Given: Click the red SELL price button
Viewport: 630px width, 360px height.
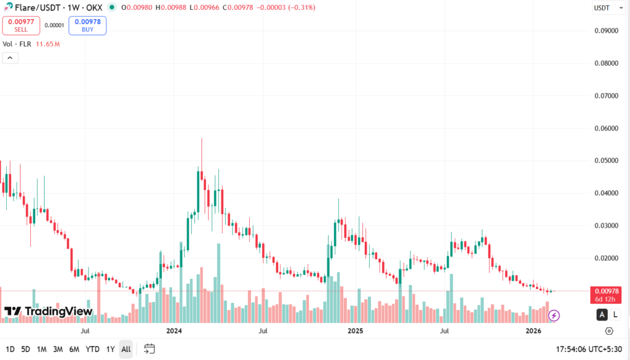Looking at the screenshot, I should coord(21,25).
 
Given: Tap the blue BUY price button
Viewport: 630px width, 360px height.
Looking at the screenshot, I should coord(87,25).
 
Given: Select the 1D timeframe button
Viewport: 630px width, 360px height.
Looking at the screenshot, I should coord(10,349).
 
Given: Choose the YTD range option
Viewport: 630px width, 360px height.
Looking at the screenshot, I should coord(92,349).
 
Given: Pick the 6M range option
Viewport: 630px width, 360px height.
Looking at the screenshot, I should coord(74,349).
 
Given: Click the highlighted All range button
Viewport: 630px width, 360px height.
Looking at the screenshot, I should coord(126,349).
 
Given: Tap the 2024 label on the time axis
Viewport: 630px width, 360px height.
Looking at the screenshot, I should coord(173,331).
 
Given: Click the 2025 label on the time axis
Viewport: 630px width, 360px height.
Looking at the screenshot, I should coord(355,331).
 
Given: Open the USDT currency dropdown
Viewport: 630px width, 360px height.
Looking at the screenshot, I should coord(604,7).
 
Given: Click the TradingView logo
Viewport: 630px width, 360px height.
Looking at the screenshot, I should coord(49,311).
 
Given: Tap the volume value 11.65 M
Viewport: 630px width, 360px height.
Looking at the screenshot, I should coord(47,44).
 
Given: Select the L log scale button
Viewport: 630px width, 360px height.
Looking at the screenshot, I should coord(615,315).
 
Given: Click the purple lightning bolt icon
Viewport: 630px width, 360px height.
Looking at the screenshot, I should coord(554,316).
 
